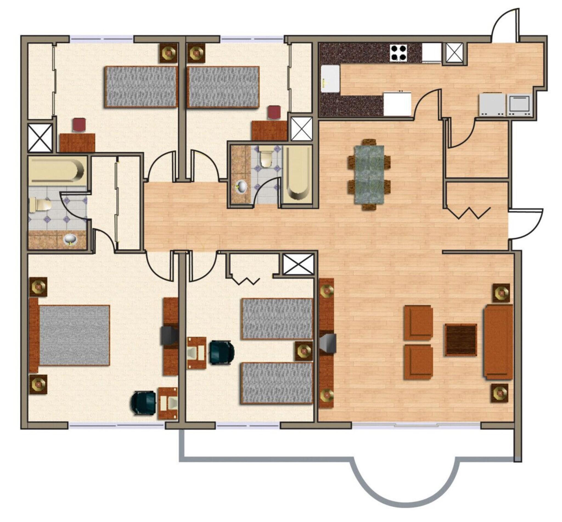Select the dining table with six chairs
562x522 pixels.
pos(369,174)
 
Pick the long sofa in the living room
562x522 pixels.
pos(498,342)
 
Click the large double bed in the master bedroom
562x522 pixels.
pos(74,335)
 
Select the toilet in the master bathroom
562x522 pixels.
pos(40,205)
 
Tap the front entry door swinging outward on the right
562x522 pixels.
pos(526,223)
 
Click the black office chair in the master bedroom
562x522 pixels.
pos(144,402)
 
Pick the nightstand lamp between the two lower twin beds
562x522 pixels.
pos(304,351)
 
